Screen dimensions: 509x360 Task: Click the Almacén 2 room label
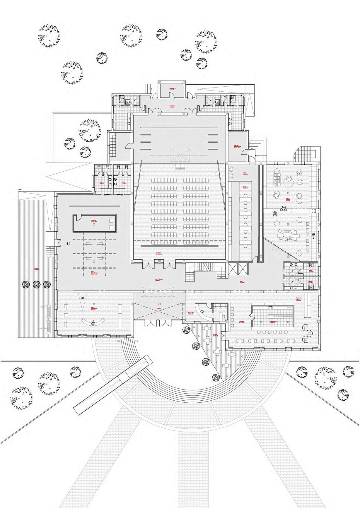click(172, 89)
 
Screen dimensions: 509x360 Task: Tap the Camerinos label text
click(172, 107)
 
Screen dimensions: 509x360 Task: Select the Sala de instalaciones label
click(237, 146)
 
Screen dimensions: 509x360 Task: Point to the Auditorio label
click(159, 254)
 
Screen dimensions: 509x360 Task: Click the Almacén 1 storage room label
click(94, 221)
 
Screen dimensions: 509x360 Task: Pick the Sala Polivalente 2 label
click(94, 274)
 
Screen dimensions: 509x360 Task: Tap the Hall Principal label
click(159, 280)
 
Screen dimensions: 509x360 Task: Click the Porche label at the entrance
click(158, 309)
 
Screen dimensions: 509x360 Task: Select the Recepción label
click(190, 313)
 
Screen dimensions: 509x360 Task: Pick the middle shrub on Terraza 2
click(36, 284)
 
